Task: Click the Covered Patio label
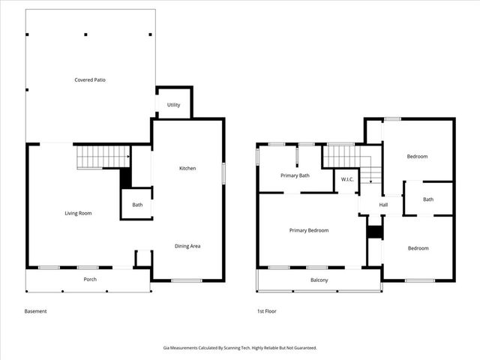[89, 79]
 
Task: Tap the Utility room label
[173, 105]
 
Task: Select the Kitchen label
[187, 168]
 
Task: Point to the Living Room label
[78, 214]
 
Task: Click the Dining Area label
[187, 246]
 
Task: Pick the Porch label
[89, 280]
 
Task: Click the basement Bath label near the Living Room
[137, 205]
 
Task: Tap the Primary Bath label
[295, 175]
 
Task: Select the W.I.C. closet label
[347, 179]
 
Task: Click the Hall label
[383, 205]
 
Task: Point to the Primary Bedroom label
[309, 230]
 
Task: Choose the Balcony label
[319, 280]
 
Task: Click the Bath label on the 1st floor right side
[428, 199]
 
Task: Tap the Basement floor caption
[35, 311]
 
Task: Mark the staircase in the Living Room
[103, 157]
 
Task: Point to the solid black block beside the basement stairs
[126, 178]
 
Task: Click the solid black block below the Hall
[374, 232]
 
